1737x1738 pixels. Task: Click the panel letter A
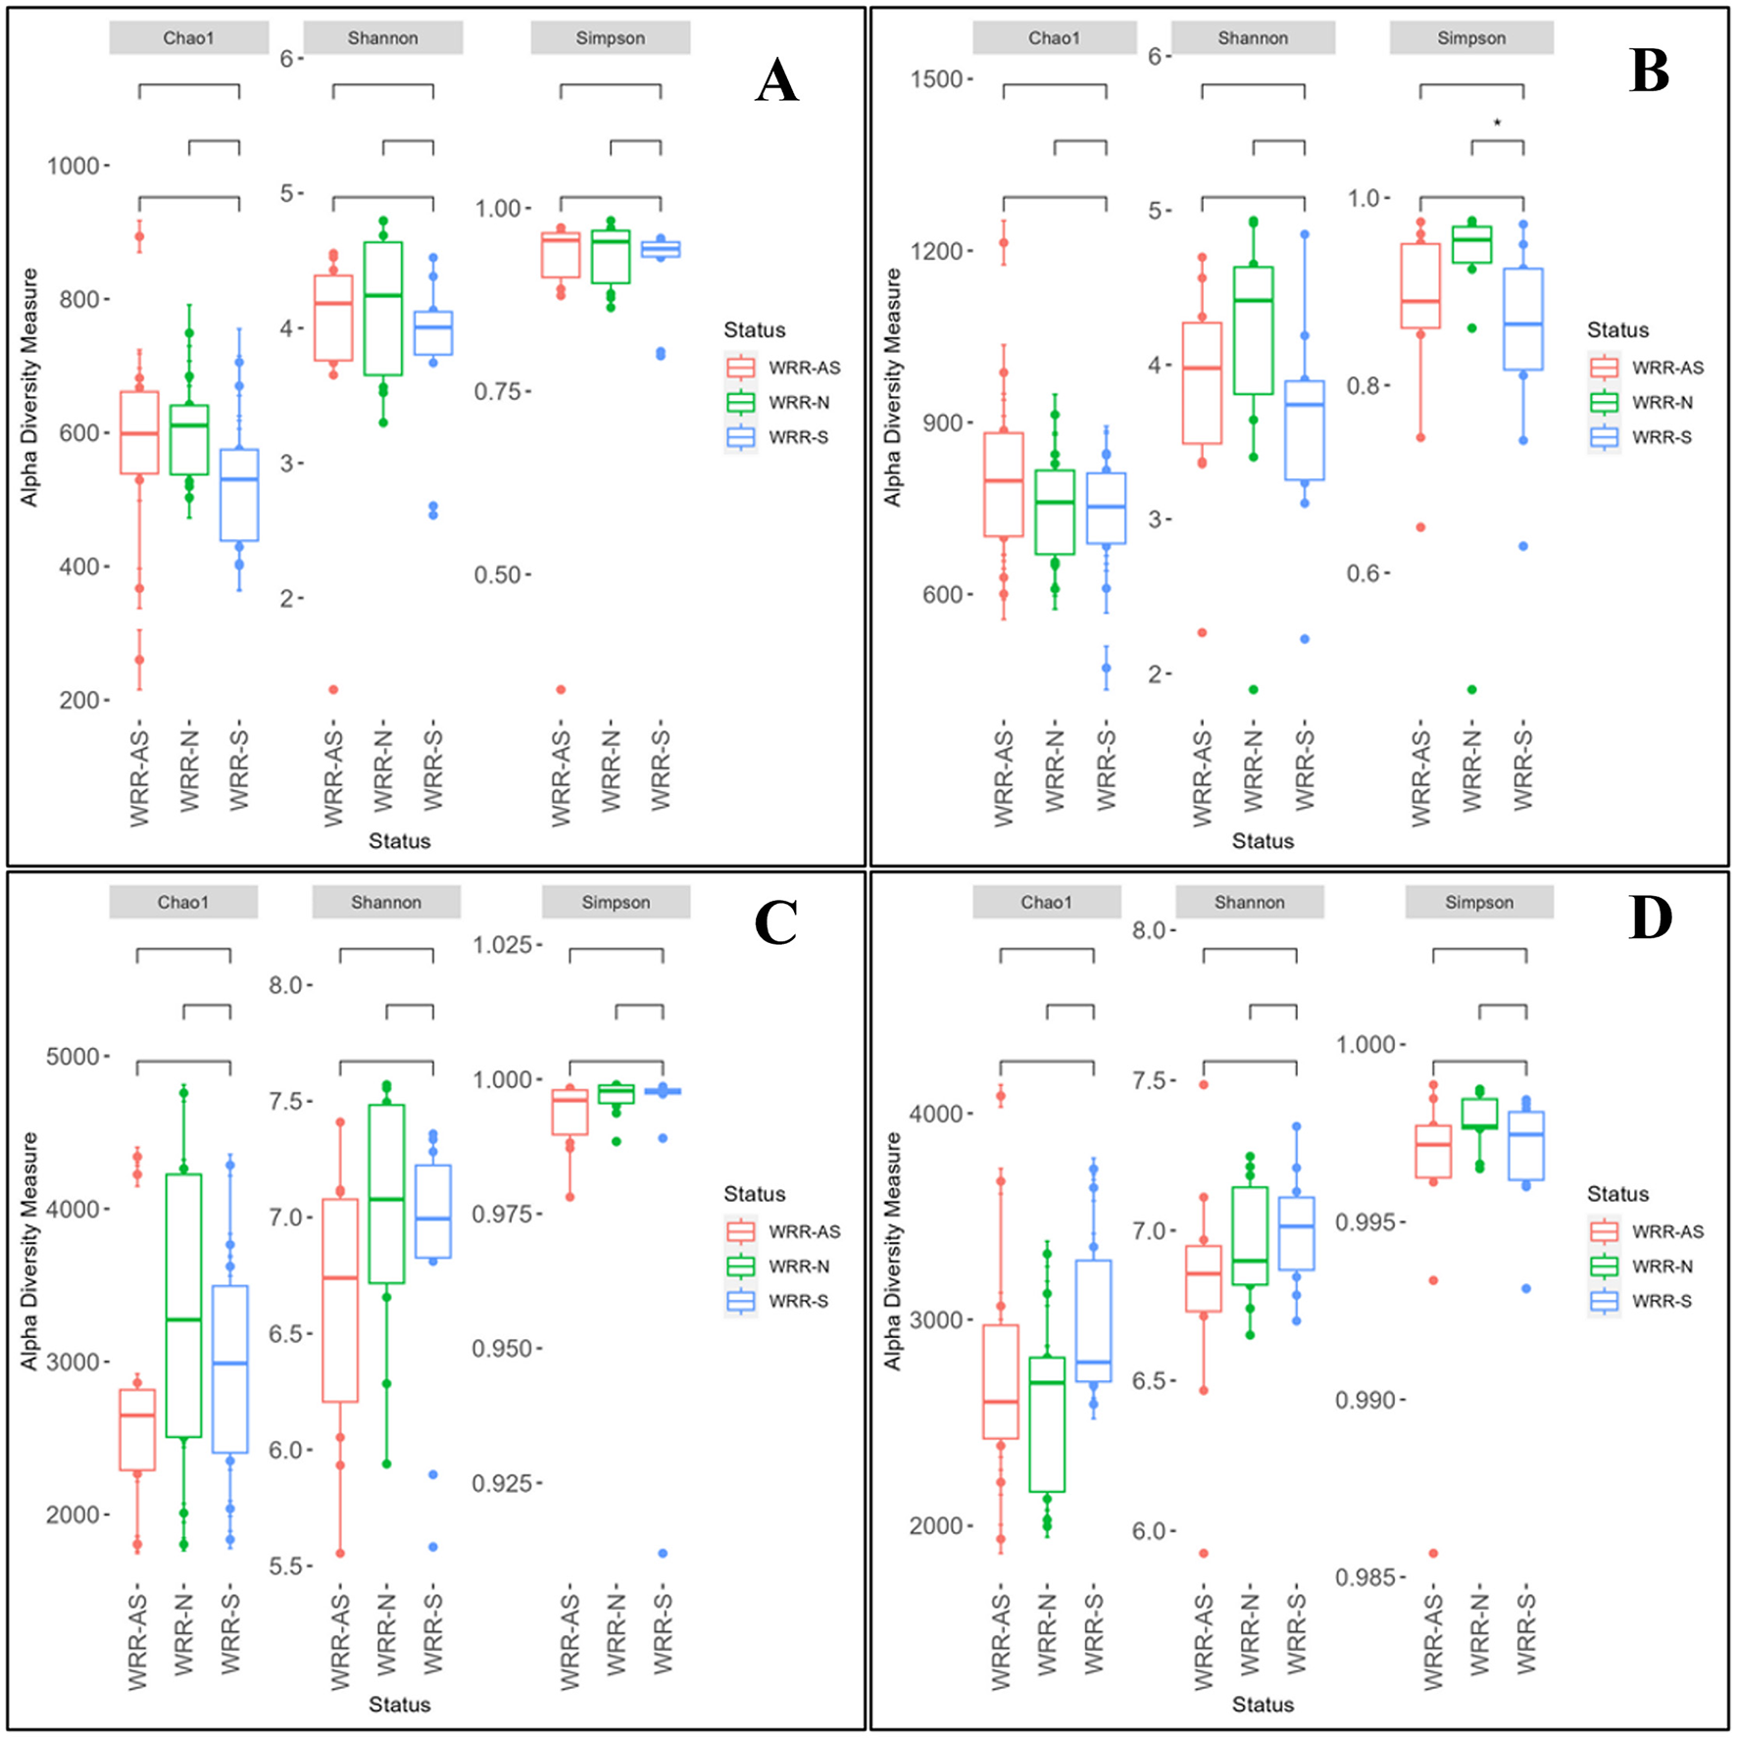[776, 80]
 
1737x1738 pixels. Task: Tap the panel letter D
[1650, 918]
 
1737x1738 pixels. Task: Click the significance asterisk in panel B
[1497, 124]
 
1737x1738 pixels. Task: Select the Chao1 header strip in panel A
[188, 38]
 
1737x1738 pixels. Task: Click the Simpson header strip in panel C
[616, 902]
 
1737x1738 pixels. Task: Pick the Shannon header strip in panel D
[1249, 902]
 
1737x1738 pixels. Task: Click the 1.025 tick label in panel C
[502, 945]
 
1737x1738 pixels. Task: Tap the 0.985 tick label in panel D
[1366, 1577]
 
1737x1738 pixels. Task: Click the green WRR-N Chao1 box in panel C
[183, 1304]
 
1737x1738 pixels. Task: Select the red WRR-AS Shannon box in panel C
[340, 1300]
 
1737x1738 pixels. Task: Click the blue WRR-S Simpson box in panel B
[1523, 320]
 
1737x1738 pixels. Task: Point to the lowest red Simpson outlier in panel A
[562, 689]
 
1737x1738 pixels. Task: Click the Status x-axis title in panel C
[399, 1704]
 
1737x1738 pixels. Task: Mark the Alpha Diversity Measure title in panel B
[892, 387]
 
